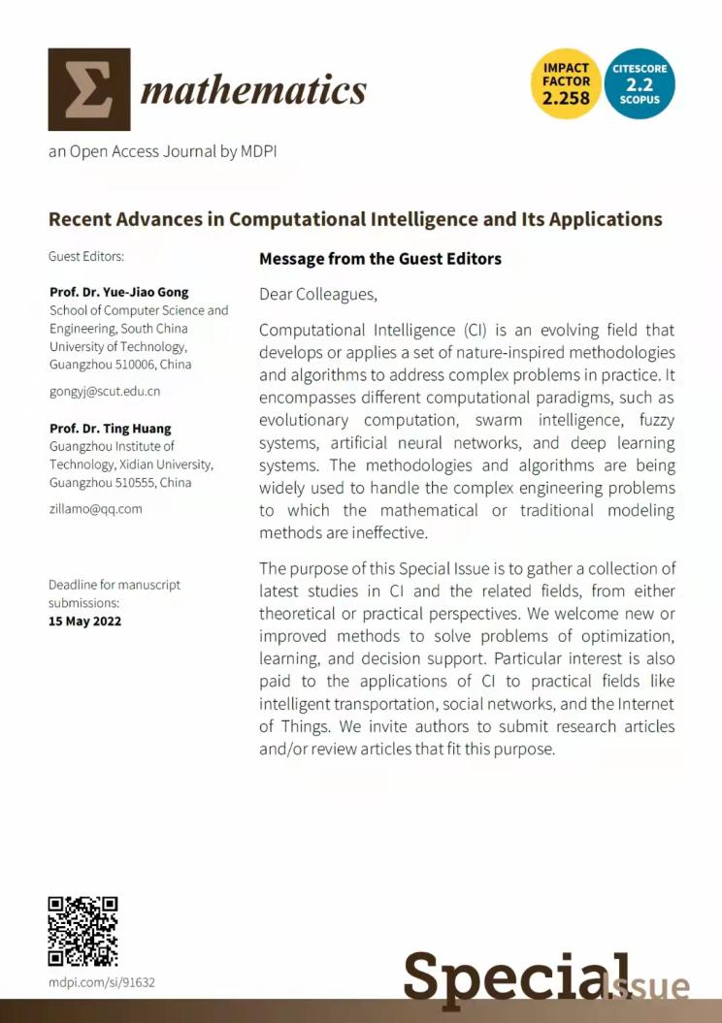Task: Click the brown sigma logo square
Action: [x=88, y=89]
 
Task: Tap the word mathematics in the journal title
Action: [x=253, y=91]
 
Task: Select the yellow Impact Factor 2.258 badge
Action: [x=566, y=84]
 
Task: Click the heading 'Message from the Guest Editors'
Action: [x=380, y=259]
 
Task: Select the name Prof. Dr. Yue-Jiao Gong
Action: [x=118, y=293]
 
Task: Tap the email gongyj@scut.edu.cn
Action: [x=104, y=392]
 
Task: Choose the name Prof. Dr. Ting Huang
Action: [x=110, y=429]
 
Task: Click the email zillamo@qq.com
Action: [x=95, y=508]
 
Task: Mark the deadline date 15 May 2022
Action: [x=85, y=621]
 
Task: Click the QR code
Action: [x=82, y=931]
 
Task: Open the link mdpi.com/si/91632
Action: [x=101, y=982]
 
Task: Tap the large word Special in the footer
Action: [x=514, y=975]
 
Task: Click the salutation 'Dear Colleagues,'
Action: [x=317, y=294]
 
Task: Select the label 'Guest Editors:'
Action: [x=86, y=257]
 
